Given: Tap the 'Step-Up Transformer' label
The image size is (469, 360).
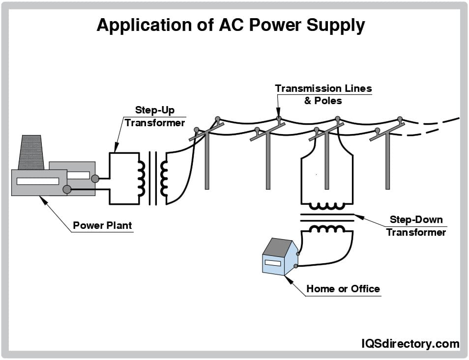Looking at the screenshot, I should [x=154, y=117].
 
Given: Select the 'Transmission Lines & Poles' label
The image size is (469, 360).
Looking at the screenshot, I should [x=323, y=94].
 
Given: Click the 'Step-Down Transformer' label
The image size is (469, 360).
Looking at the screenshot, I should [x=416, y=226].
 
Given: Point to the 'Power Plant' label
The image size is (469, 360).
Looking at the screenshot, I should [x=102, y=226].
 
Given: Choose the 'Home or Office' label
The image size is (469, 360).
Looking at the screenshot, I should [x=343, y=289].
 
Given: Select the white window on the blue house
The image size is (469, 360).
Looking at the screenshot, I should [x=272, y=263].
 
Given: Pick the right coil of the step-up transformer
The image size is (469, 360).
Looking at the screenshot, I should [x=164, y=178].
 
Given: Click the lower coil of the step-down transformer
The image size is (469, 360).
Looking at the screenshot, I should [x=326, y=228].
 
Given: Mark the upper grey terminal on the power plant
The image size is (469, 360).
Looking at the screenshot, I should [x=95, y=179].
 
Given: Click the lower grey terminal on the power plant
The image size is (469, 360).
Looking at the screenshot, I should [x=67, y=190].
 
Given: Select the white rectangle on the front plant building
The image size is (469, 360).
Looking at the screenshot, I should [x=37, y=181].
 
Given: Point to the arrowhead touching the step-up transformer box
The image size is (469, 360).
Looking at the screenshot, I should [x=116, y=149].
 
